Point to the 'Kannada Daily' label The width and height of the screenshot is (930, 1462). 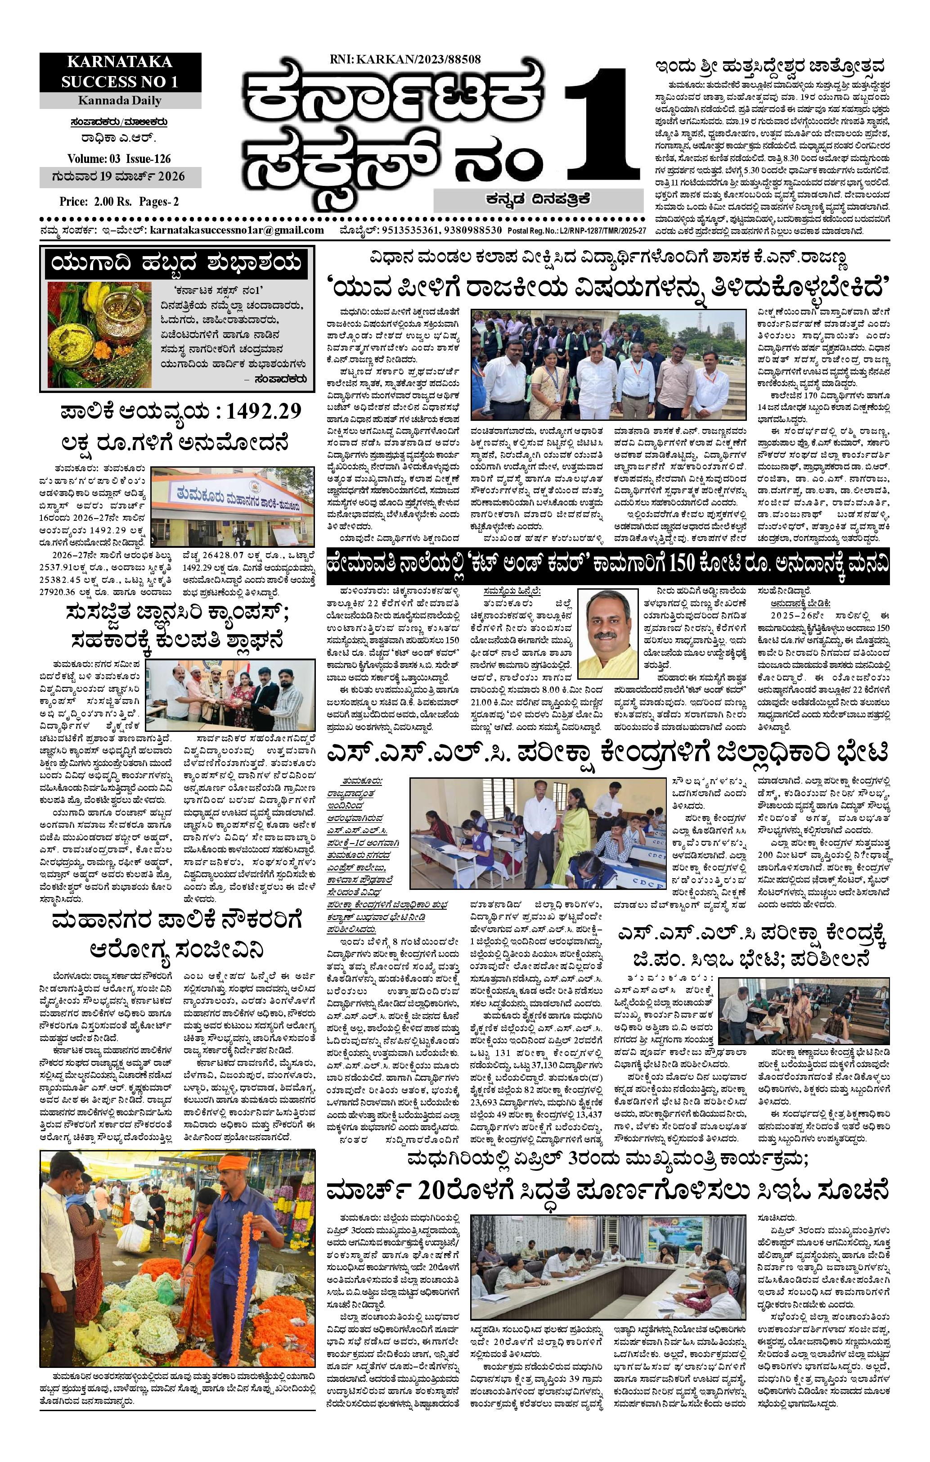click(x=120, y=100)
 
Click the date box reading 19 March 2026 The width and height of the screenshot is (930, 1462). click(x=120, y=177)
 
